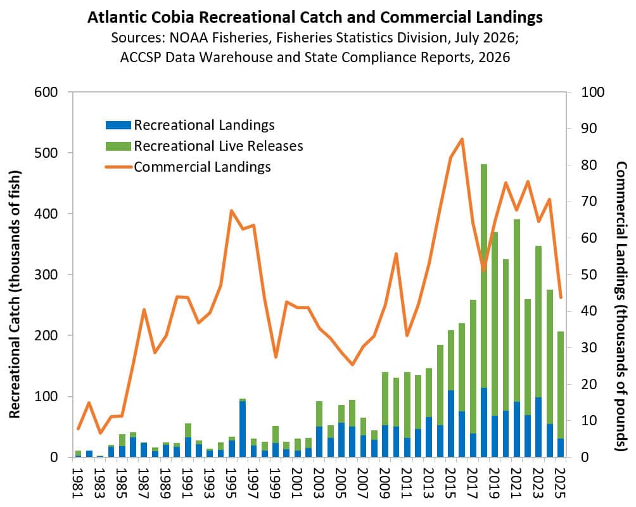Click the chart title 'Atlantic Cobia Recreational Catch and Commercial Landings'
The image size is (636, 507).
pos(315,17)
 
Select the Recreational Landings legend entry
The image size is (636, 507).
pos(190,125)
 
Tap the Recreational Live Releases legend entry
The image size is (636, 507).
pos(204,146)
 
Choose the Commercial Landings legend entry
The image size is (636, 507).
pos(188,167)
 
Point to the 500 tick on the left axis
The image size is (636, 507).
pos(46,153)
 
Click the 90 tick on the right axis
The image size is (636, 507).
pos(589,128)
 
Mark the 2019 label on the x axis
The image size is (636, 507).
pos(493,483)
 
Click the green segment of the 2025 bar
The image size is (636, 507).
pos(560,385)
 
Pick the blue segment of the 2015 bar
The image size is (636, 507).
pos(450,423)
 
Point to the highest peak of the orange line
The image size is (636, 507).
pos(462,139)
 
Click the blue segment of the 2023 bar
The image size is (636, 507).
pos(538,427)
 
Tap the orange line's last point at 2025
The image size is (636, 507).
pos(561,297)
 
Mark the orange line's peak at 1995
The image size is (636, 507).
pos(231,210)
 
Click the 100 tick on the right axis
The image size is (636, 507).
pos(592,92)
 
